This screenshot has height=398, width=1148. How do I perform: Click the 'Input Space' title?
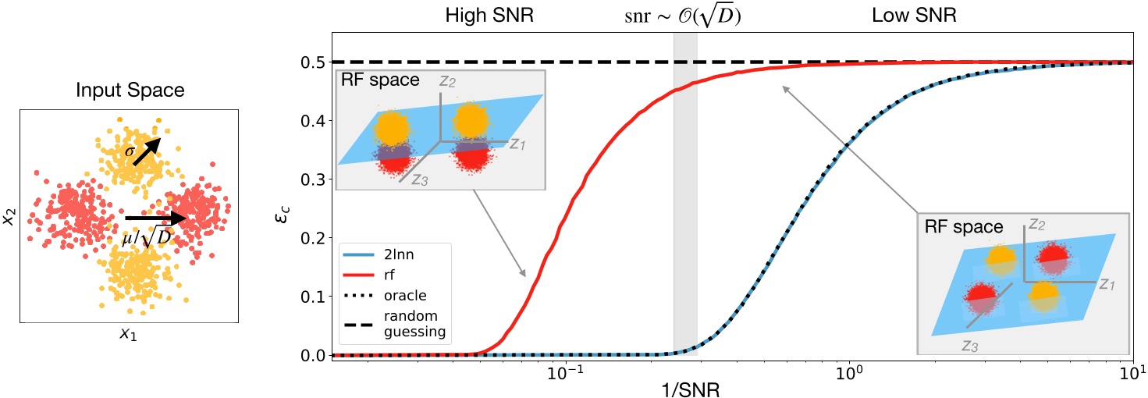[x=130, y=91]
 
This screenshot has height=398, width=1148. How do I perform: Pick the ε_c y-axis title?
[x=286, y=208]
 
